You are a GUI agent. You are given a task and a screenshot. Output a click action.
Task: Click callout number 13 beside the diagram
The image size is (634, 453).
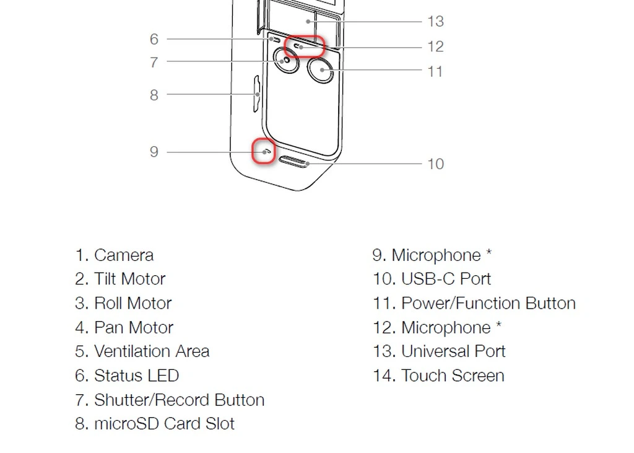[435, 22]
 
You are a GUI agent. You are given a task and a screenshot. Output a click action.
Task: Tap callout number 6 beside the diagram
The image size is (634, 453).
[154, 39]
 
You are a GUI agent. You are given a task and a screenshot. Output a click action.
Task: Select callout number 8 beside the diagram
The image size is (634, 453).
[154, 95]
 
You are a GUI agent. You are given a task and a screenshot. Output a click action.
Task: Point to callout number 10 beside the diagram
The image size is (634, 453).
[435, 164]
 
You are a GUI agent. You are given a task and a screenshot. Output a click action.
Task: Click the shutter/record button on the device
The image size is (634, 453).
[286, 62]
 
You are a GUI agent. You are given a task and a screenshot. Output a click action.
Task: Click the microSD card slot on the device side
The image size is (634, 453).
[256, 94]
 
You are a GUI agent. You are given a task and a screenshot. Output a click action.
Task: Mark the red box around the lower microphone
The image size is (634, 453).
[264, 151]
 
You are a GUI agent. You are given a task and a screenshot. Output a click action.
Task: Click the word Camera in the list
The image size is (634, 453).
[124, 255]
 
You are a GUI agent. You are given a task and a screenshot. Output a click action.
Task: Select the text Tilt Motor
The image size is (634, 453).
[129, 279]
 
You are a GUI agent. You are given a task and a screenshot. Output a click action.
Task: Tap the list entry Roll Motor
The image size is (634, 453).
[132, 304]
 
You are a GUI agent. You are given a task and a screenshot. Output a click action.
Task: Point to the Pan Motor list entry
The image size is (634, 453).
[133, 328]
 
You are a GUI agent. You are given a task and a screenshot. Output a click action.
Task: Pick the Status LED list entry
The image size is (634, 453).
[136, 376]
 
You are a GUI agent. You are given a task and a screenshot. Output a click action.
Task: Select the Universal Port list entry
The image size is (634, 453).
[453, 351]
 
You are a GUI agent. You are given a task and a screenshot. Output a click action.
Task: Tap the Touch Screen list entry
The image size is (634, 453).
[453, 376]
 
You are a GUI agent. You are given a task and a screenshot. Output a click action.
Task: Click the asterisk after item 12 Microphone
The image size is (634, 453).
[498, 326]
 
